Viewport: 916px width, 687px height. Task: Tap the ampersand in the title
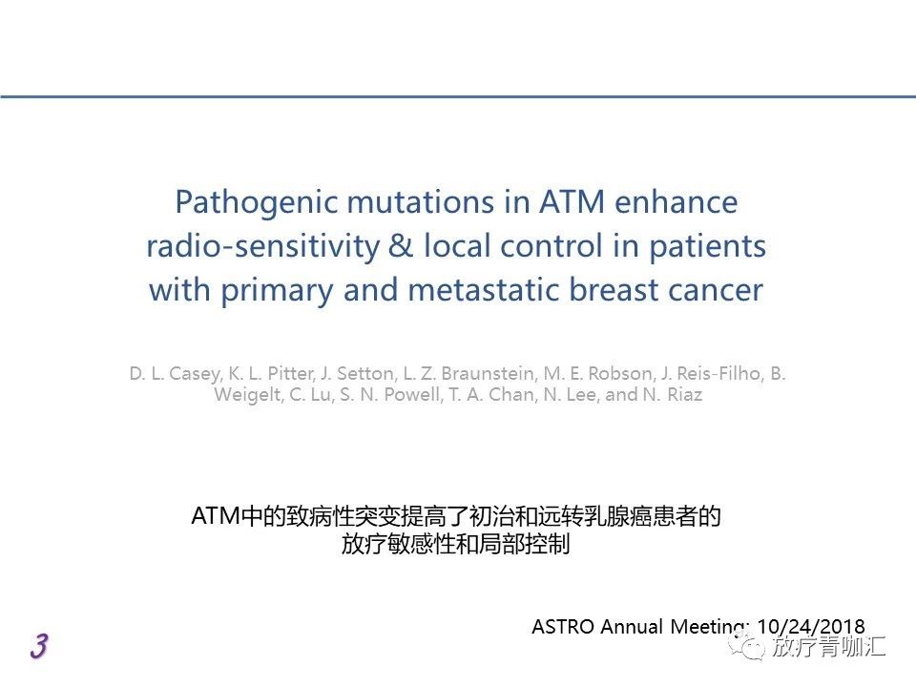click(x=400, y=245)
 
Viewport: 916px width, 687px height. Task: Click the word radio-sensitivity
click(x=262, y=246)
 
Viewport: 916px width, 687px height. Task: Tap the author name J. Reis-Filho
click(x=712, y=373)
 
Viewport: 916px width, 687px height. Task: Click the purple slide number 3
click(x=39, y=646)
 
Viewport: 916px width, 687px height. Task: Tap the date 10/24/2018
click(x=811, y=627)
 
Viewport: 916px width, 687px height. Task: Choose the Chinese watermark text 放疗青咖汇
click(x=828, y=646)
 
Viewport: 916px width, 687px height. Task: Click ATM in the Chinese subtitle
click(x=216, y=516)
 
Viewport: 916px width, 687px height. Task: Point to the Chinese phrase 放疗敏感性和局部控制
click(x=456, y=544)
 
